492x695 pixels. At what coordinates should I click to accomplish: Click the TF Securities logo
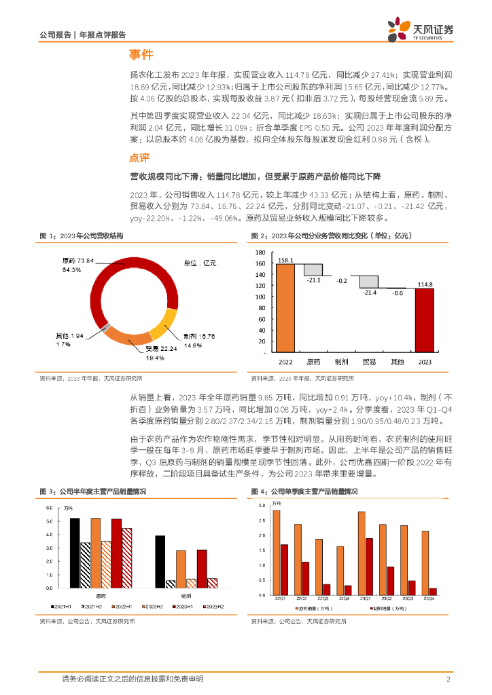[x=419, y=29]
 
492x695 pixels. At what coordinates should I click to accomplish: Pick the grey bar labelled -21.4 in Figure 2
[x=369, y=282]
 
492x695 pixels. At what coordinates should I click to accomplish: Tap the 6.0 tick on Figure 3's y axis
[x=49, y=508]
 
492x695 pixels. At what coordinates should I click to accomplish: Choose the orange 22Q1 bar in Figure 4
[x=276, y=548]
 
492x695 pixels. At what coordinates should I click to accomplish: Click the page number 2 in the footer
[x=449, y=679]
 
